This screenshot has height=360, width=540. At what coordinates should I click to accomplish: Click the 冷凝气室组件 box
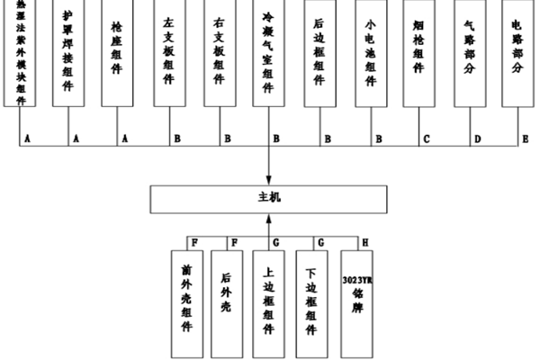[268, 54]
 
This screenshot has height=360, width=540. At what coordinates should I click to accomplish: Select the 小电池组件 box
[370, 54]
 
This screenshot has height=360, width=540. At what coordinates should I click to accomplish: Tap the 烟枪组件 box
[419, 54]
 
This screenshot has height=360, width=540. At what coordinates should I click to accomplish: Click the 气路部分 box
[470, 54]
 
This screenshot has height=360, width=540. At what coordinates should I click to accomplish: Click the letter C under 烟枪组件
[427, 139]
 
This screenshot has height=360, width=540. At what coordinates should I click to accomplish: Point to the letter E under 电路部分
[526, 139]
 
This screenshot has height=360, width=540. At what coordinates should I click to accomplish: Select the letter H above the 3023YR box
[364, 242]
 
